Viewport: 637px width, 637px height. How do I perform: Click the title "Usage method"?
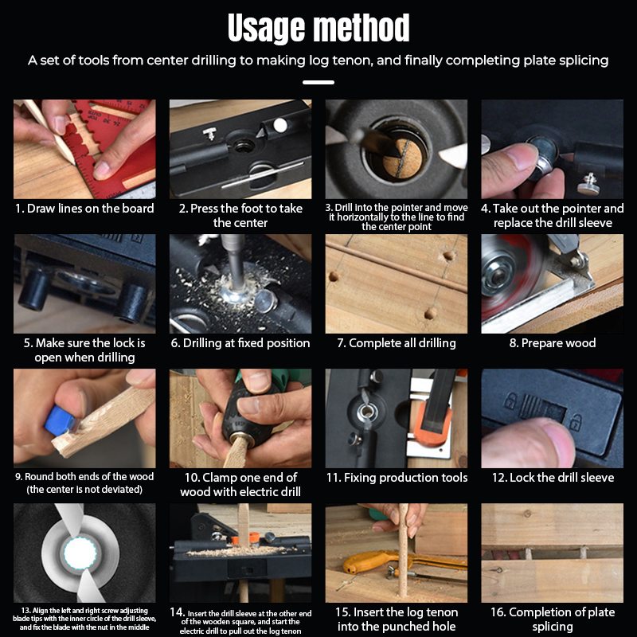tap(318, 28)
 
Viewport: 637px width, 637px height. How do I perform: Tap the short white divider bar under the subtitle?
tap(318, 82)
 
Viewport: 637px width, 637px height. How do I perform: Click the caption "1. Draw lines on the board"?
tap(84, 209)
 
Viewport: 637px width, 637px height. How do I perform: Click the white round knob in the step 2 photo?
tap(280, 126)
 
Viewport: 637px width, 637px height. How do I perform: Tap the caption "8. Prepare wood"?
tap(553, 343)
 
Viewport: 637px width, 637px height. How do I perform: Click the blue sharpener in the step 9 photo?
tap(61, 421)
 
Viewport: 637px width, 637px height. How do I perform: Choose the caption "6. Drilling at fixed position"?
tap(240, 343)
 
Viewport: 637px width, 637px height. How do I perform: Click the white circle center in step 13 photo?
tap(80, 553)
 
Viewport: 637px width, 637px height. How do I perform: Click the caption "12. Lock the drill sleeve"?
tap(553, 477)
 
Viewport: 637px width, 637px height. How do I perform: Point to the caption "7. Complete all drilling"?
tap(397, 343)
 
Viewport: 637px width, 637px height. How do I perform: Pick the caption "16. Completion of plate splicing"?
tap(553, 619)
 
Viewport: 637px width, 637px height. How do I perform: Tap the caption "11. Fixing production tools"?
tap(397, 477)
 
